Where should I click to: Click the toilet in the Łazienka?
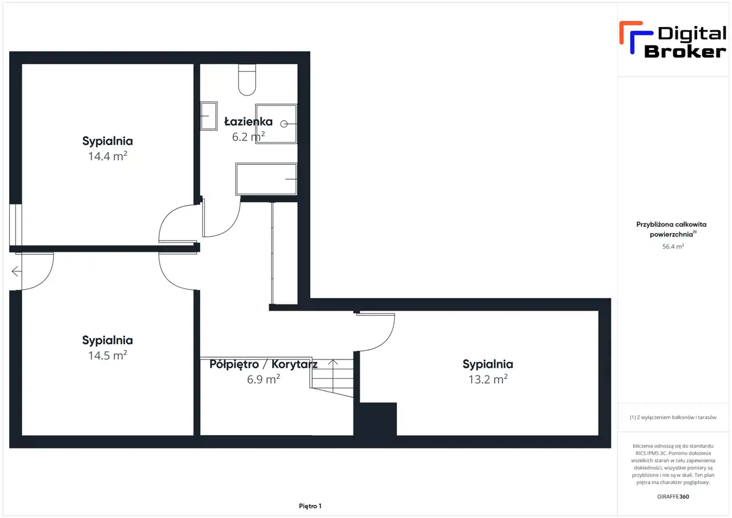point(247,80)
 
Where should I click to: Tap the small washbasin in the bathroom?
point(209,116)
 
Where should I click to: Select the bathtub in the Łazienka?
point(266,179)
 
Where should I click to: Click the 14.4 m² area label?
point(108,156)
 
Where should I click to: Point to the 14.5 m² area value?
point(108,355)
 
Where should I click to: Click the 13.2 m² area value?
point(488,379)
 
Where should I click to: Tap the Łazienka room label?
point(248,121)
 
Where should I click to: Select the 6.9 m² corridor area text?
point(264,379)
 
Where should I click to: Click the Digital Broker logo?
point(673,40)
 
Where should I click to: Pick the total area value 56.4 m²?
point(673,246)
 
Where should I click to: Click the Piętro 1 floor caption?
point(310,506)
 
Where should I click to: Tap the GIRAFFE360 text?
point(673,496)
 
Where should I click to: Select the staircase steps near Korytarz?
point(332,378)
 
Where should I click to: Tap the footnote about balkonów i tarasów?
point(673,417)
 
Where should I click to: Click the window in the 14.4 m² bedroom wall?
point(15,225)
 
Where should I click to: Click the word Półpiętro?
point(234,364)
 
